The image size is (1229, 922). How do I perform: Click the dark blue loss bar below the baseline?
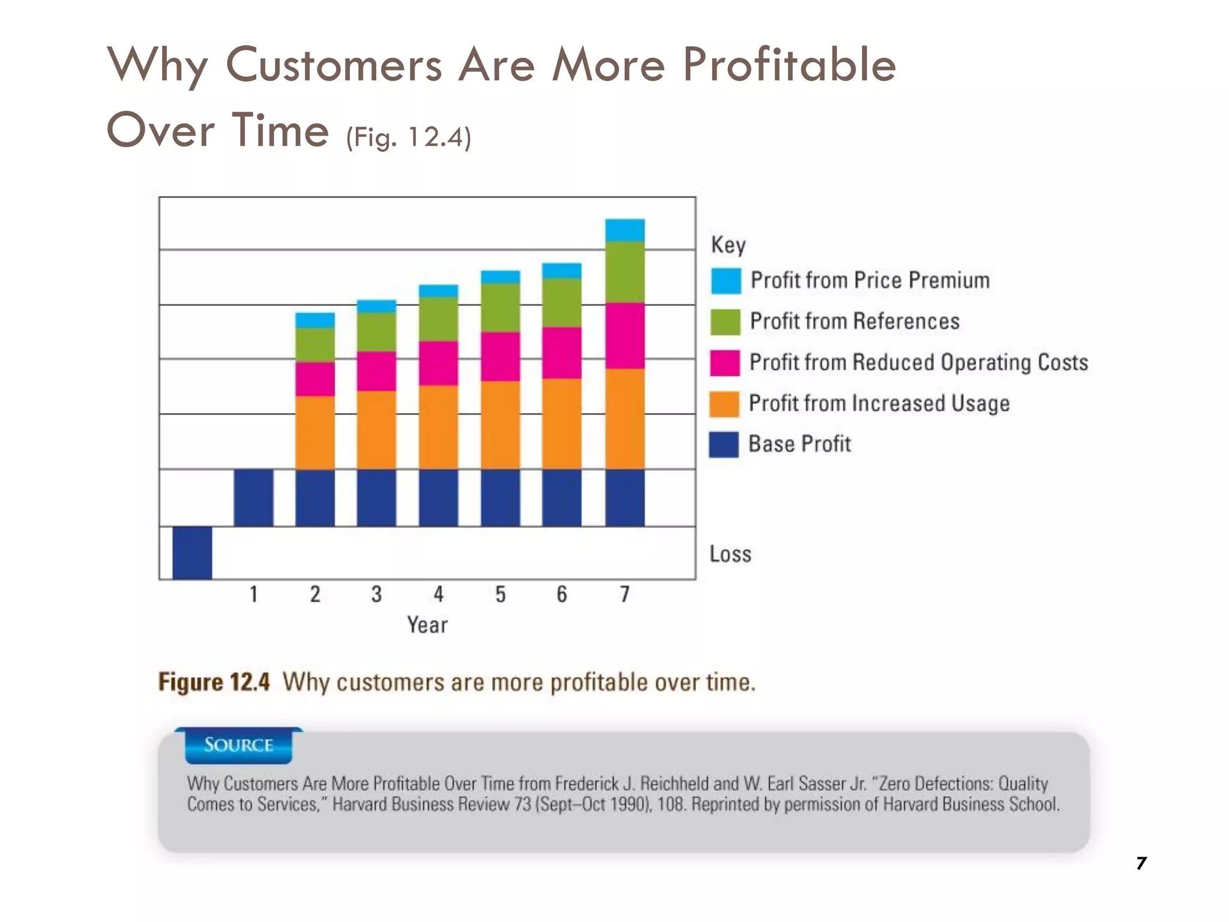(192, 553)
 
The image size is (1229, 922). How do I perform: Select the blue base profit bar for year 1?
(253, 498)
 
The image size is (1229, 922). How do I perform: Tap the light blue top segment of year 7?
(625, 230)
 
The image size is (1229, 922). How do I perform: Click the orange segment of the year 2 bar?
(315, 432)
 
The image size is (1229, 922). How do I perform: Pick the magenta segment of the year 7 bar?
(625, 336)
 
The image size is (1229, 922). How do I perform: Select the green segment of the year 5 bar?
(500, 307)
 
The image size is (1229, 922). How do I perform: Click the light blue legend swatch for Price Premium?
(726, 281)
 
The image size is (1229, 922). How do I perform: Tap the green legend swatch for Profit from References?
(725, 322)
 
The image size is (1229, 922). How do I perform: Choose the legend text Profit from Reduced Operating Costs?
(918, 363)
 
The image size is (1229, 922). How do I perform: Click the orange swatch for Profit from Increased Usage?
(724, 404)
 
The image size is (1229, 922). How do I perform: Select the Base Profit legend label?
(799, 444)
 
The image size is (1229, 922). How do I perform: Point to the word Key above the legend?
(728, 245)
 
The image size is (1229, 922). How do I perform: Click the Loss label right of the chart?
(730, 554)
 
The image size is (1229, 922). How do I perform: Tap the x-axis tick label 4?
(439, 594)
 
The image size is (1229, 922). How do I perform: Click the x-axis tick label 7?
(625, 594)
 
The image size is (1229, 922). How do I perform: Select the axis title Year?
(427, 625)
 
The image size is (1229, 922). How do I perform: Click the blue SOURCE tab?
(238, 746)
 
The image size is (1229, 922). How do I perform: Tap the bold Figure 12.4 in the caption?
(214, 682)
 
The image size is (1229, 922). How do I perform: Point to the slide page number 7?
(1141, 863)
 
